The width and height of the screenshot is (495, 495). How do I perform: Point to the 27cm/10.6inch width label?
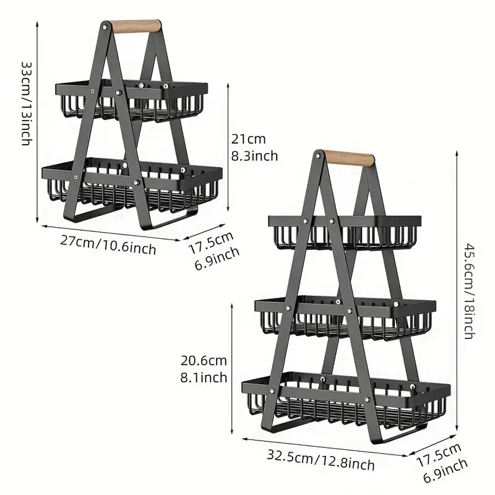point(108,244)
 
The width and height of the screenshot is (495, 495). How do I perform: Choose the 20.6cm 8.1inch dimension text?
point(204,368)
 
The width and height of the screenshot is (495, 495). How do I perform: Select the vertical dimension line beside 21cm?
point(230,148)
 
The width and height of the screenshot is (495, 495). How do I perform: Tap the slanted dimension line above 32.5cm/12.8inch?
point(322,447)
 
